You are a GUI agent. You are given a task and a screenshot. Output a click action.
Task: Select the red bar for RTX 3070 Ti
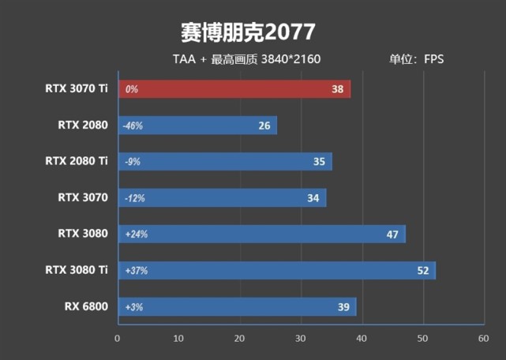click(x=234, y=89)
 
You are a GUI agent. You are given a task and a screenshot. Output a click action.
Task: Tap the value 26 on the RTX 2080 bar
click(x=264, y=126)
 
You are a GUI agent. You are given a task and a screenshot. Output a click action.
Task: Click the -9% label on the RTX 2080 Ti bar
click(x=132, y=162)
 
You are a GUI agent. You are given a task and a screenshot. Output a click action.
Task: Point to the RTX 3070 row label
click(x=82, y=197)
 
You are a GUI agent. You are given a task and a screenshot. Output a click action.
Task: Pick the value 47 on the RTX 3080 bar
click(x=392, y=234)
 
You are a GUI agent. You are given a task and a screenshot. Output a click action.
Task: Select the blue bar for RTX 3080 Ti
click(x=276, y=270)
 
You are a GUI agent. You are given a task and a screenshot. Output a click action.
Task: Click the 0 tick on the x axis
click(x=118, y=338)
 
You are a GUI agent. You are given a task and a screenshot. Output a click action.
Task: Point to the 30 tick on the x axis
click(x=301, y=338)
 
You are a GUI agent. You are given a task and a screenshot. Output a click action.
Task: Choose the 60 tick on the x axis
click(x=483, y=338)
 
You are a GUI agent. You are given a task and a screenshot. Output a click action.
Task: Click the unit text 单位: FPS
click(x=416, y=59)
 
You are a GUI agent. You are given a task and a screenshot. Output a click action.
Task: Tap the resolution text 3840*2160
click(x=290, y=59)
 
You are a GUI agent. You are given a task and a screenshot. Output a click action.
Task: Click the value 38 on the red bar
click(x=337, y=89)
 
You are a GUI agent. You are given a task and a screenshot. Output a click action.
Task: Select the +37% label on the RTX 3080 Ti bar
click(x=136, y=270)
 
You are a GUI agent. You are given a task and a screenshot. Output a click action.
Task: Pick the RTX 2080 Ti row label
click(x=77, y=161)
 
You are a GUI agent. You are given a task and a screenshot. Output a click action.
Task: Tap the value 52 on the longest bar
click(x=422, y=270)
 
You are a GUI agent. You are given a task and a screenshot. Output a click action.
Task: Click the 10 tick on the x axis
click(x=178, y=338)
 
